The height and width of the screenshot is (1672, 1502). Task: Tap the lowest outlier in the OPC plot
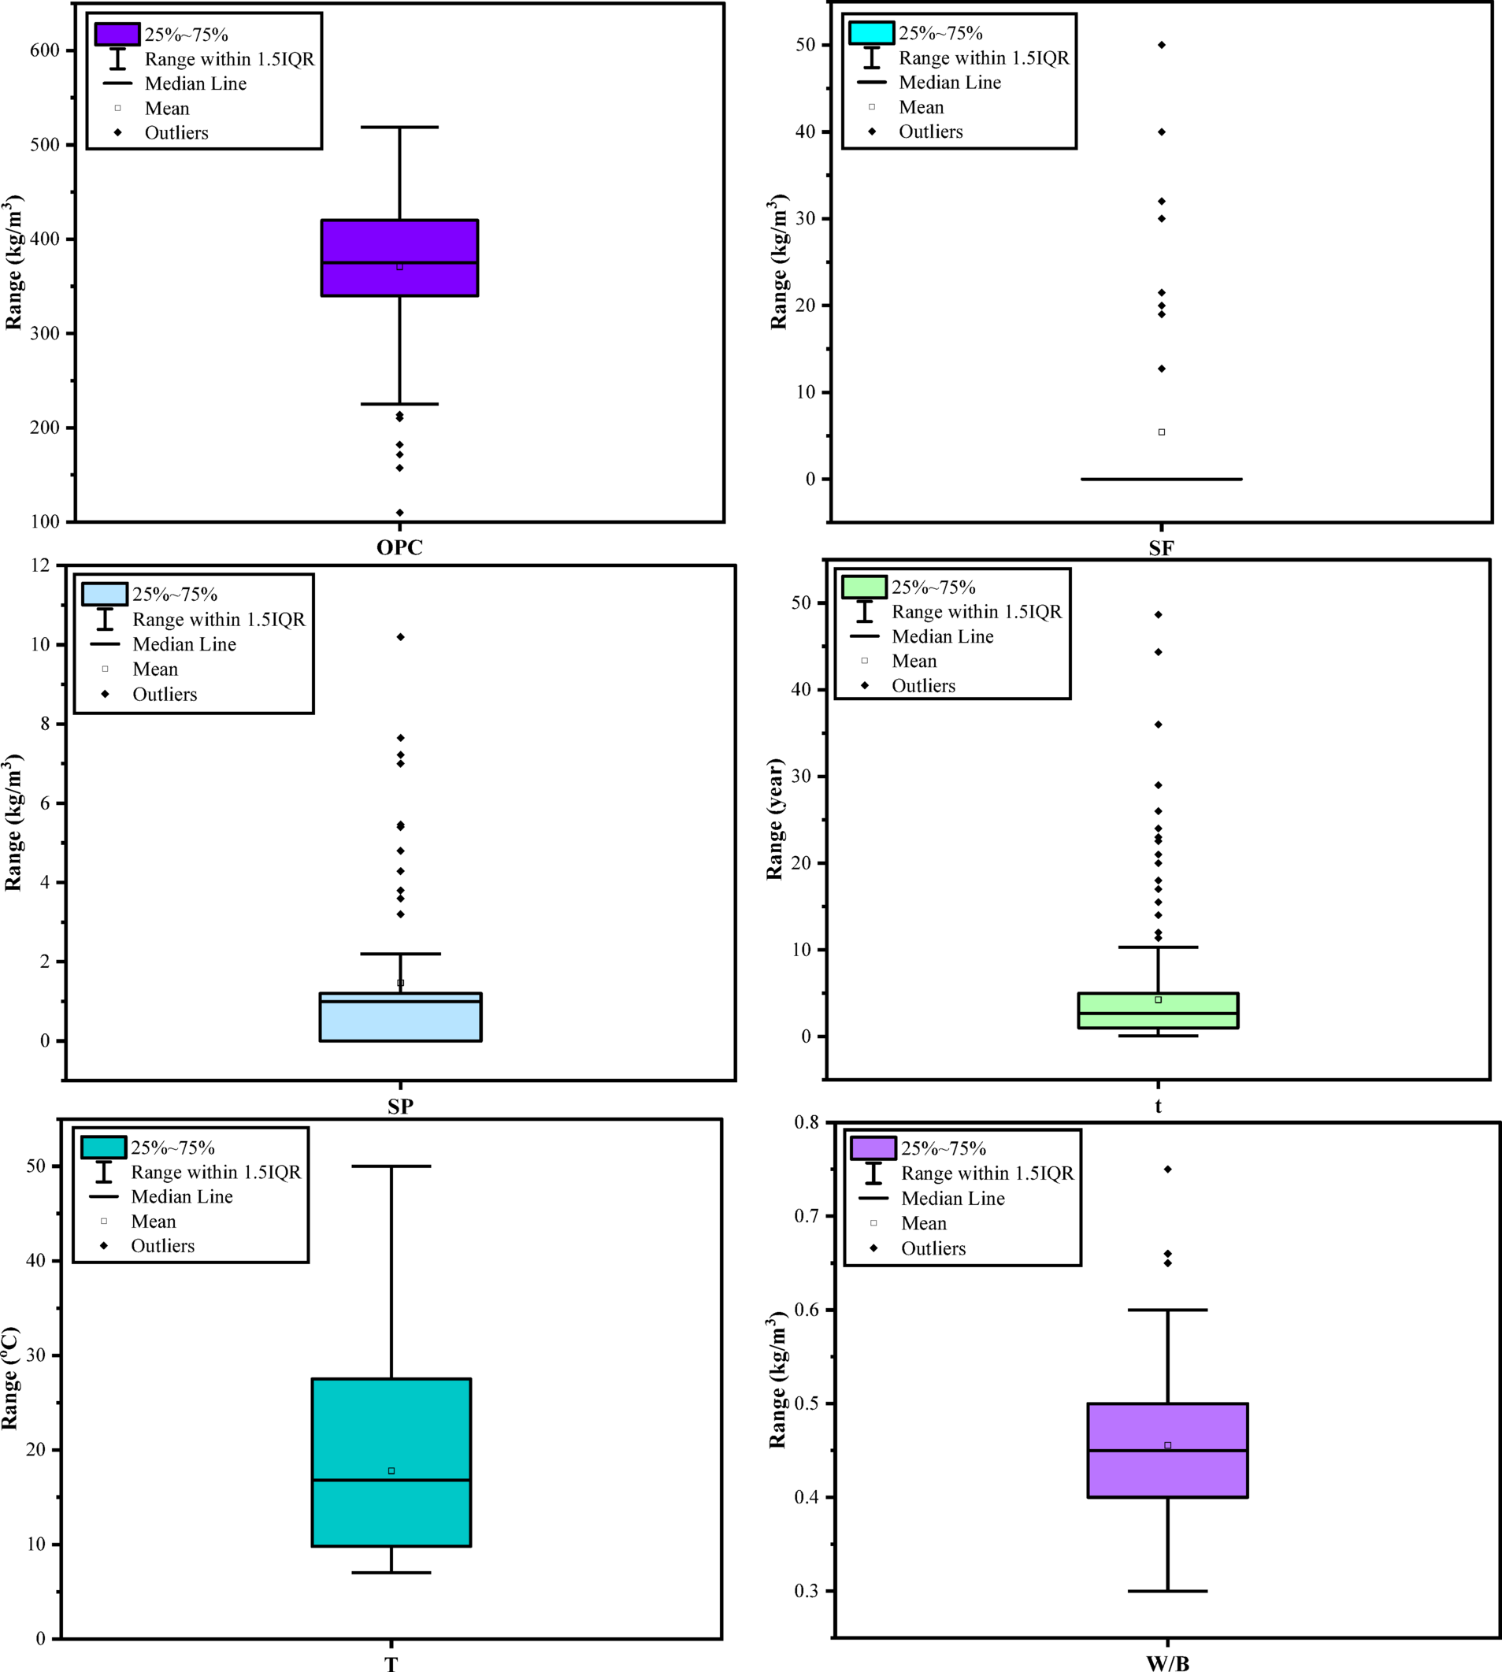(x=399, y=513)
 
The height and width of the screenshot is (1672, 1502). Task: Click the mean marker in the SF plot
(x=1161, y=432)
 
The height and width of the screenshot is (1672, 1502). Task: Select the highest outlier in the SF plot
(x=1161, y=45)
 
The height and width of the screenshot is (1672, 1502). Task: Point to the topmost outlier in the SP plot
(x=400, y=637)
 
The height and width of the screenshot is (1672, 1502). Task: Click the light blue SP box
(x=400, y=1023)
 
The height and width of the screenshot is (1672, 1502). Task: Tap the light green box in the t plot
(x=1158, y=1019)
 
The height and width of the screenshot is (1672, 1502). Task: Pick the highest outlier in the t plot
(x=1158, y=615)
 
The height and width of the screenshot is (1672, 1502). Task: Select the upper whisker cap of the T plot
(x=391, y=1166)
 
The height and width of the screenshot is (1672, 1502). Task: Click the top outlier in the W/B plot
(x=1168, y=1170)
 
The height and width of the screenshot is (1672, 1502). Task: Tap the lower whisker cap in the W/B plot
(x=1168, y=1591)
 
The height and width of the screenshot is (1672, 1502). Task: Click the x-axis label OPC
(x=399, y=548)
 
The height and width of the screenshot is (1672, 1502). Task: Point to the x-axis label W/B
(x=1168, y=1663)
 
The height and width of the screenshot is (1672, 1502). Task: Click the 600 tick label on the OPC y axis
(x=45, y=50)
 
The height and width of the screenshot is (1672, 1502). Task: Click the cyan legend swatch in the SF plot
(x=871, y=33)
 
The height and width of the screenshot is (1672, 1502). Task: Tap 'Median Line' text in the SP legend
(x=184, y=644)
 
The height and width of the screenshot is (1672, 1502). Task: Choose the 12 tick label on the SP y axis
(x=40, y=565)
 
